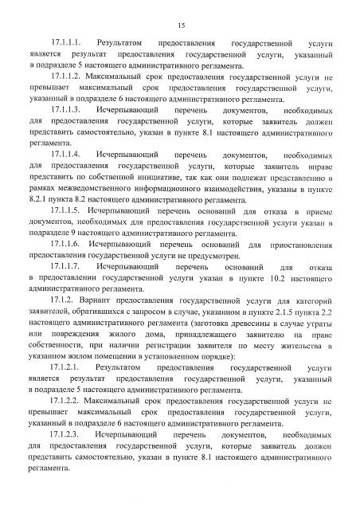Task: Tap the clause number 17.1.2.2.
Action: point(67,427)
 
